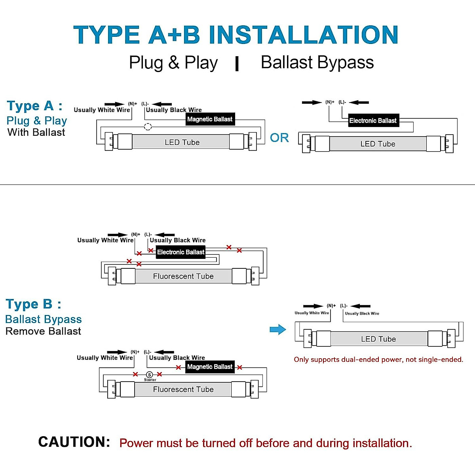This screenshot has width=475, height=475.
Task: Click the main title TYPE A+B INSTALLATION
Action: (x=236, y=35)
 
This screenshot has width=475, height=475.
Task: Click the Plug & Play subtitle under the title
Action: (x=173, y=63)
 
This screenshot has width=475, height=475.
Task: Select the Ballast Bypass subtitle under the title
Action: (x=317, y=63)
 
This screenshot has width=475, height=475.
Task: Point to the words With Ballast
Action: (x=36, y=133)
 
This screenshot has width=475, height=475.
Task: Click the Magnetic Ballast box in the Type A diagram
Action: (x=210, y=119)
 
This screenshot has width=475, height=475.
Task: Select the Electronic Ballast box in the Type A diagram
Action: (x=372, y=121)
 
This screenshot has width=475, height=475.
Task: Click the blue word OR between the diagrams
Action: (x=279, y=138)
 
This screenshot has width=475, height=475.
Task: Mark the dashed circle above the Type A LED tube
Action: (x=148, y=127)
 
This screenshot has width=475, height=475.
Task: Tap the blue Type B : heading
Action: (x=33, y=304)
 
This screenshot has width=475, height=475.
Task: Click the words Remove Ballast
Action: (x=43, y=331)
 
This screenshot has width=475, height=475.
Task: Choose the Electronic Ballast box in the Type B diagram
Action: (x=180, y=252)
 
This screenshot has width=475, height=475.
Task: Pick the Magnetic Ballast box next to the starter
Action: (x=210, y=367)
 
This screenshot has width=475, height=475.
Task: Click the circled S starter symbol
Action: (x=149, y=375)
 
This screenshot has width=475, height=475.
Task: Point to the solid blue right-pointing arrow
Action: (x=277, y=329)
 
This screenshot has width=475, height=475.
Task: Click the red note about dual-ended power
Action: (x=378, y=359)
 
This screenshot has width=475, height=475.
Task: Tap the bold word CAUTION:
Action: (x=74, y=442)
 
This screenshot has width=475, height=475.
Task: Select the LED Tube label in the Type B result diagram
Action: (x=378, y=339)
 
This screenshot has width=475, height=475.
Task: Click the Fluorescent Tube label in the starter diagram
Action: (x=183, y=389)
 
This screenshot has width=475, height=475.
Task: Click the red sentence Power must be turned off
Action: (x=266, y=443)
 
